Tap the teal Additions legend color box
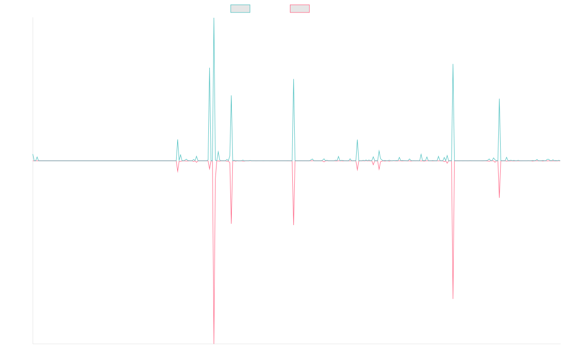tap(240, 9)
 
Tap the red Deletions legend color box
tap(300, 9)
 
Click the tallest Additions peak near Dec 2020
tap(214, 19)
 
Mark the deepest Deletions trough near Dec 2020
tap(214, 343)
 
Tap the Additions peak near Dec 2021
tap(294, 79)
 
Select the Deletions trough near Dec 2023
tap(453, 299)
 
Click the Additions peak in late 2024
tap(499, 99)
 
